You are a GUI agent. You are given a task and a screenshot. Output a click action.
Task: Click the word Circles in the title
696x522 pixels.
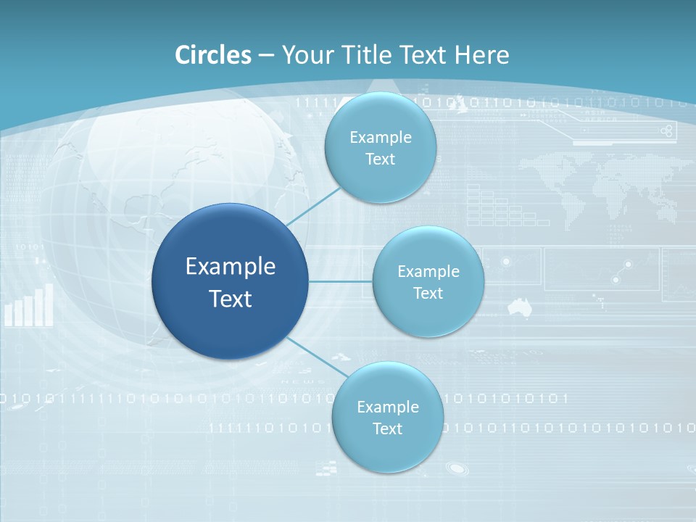click(213, 54)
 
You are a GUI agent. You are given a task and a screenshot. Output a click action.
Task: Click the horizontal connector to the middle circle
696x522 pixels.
click(341, 281)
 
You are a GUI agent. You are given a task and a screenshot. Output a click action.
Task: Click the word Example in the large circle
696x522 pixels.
click(231, 267)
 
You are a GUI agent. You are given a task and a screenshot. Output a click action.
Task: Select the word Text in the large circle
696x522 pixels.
click(231, 299)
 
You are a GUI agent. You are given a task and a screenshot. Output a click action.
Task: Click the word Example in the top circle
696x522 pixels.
click(380, 137)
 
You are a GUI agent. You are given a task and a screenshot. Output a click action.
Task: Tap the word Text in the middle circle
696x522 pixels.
click(428, 293)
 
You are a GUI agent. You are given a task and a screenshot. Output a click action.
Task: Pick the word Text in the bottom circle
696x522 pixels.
click(387, 428)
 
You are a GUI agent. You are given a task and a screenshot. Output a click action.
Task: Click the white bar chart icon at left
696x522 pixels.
click(29, 306)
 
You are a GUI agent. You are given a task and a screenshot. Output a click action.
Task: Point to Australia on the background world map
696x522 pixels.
click(519, 307)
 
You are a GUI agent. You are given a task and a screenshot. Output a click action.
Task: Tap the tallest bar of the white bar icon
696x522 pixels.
click(49, 304)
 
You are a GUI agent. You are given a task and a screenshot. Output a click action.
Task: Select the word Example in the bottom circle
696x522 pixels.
click(387, 407)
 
